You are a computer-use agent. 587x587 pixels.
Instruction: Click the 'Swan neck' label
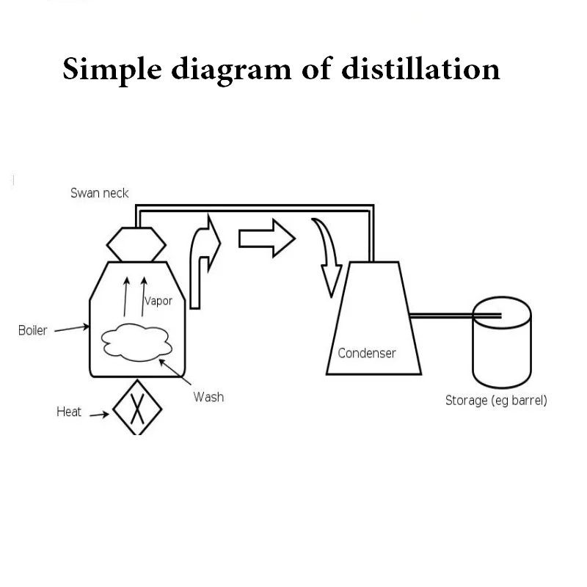pos(99,193)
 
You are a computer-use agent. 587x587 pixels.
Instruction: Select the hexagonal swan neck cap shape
pos(136,243)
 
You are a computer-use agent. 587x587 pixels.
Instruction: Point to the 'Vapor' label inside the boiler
pos(158,301)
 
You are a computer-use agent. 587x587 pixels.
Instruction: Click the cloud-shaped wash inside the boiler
pos(136,341)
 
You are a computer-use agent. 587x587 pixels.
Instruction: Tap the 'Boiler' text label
pos(32,330)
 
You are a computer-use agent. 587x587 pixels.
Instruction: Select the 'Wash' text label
pos(208,397)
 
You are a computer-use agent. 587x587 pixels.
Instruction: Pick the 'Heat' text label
pos(69,412)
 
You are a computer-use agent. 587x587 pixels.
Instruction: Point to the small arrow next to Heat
pos(98,414)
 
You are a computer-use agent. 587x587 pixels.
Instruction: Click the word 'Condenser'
pos(367,353)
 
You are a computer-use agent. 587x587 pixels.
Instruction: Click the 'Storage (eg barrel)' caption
pos(496,401)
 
